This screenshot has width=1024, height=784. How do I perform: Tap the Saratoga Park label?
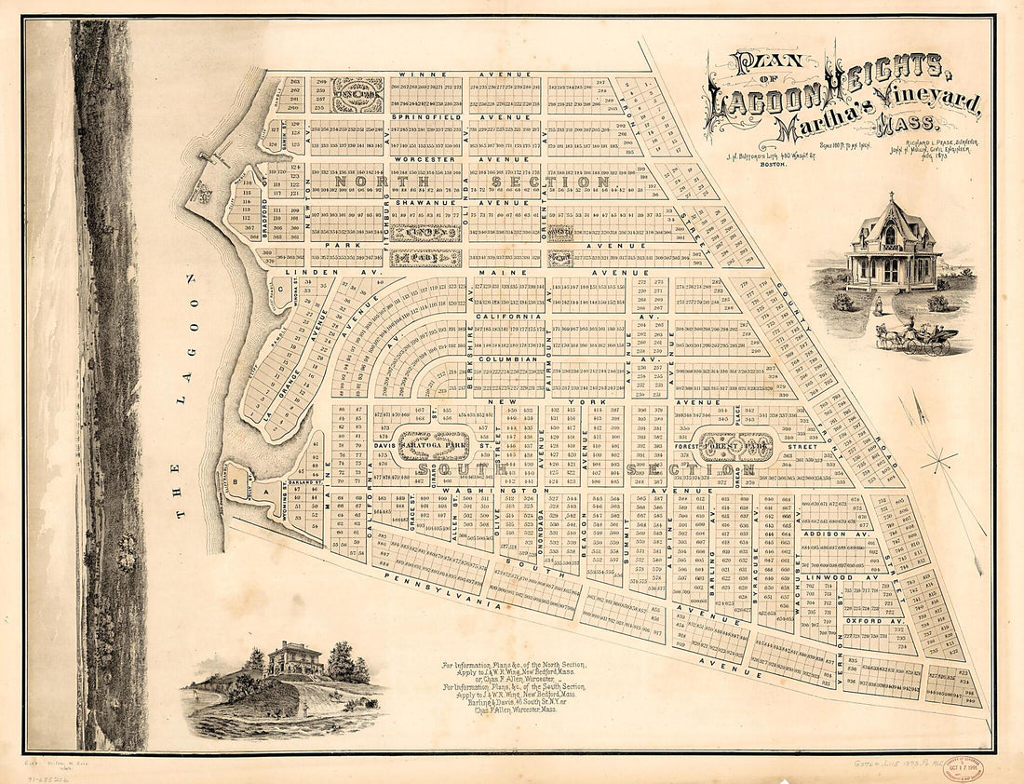click(x=433, y=445)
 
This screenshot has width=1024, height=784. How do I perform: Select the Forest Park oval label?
click(x=735, y=445)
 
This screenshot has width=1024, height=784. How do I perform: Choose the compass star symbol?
click(x=938, y=458)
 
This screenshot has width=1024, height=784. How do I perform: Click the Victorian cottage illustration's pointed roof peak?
click(x=890, y=199)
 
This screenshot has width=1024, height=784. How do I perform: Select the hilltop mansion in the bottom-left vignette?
click(x=294, y=658)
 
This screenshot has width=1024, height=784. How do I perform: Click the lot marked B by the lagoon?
click(x=236, y=481)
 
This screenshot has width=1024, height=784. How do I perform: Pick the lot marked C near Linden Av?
click(x=278, y=288)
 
